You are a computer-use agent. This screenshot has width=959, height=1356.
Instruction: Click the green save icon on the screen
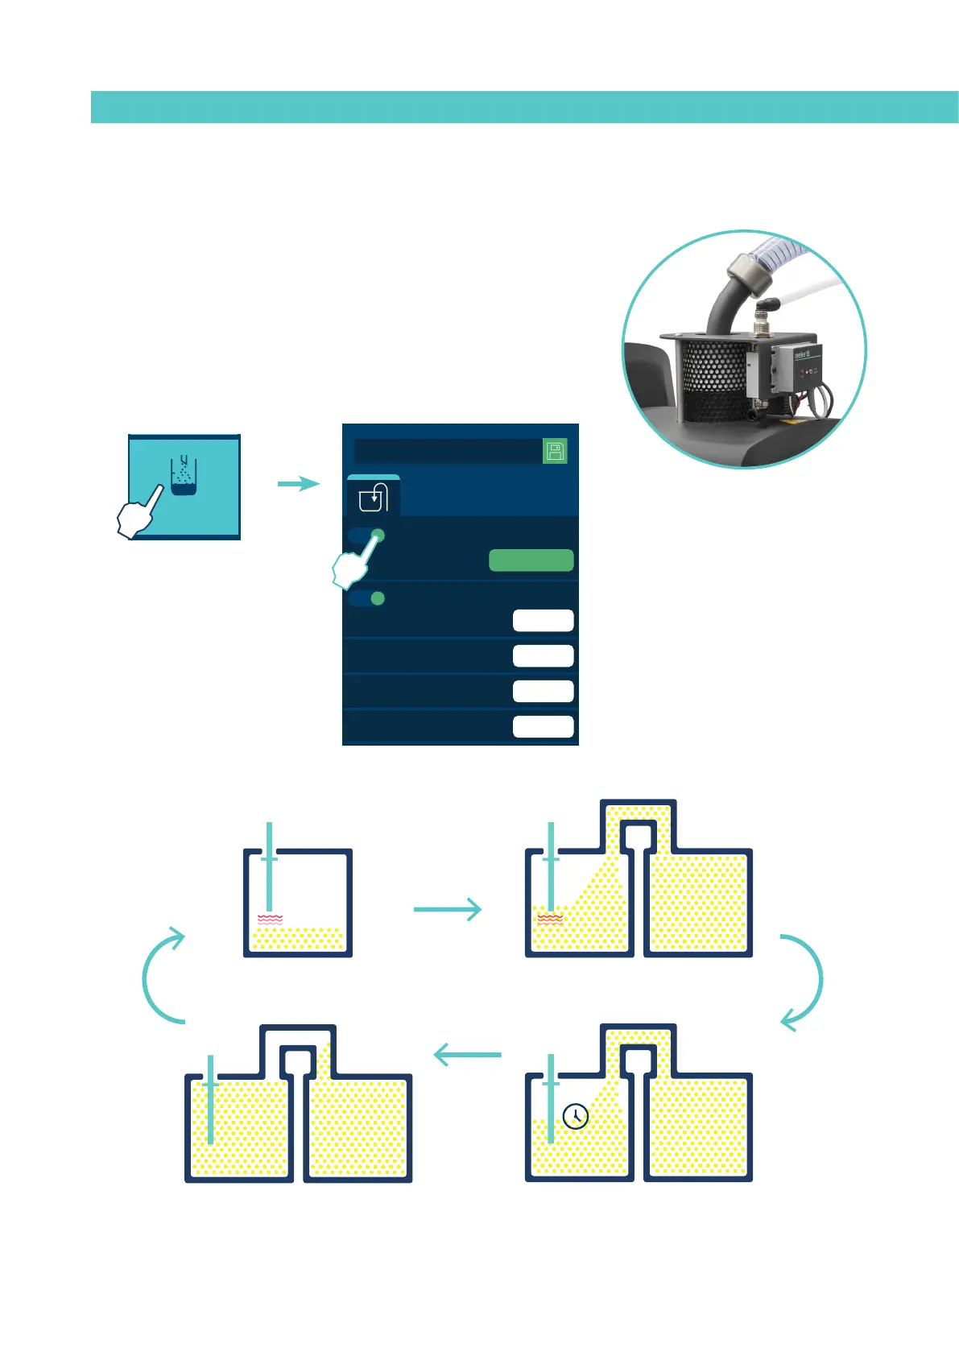555,451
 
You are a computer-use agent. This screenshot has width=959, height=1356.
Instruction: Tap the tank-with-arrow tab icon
374,498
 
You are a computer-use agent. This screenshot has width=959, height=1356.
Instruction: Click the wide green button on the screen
531,560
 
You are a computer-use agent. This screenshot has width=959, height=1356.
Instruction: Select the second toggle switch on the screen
367,598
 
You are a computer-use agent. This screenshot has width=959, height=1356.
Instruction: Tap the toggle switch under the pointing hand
368,536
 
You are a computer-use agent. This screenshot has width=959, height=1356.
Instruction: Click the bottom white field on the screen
543,726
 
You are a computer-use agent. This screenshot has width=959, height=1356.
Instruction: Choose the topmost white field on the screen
543,620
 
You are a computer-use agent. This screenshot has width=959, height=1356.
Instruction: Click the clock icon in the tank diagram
575,1116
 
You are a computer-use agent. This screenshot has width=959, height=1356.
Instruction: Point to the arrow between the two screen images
298,483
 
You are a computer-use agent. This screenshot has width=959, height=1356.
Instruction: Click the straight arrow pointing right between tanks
447,909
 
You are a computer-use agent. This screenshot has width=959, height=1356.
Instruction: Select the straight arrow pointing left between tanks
467,1054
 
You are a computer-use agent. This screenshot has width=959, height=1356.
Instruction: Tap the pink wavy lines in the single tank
270,919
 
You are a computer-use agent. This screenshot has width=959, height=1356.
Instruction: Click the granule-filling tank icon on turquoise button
184,476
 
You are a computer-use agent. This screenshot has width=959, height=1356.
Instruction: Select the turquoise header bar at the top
524,107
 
